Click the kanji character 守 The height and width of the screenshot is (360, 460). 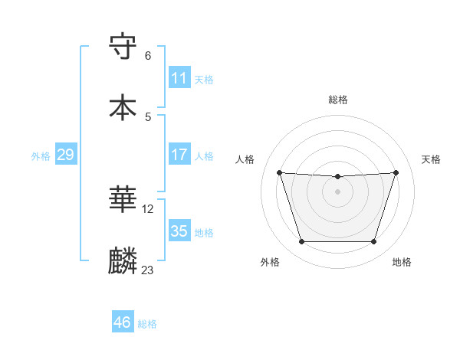pos(123,48)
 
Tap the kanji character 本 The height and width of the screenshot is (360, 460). pos(123,106)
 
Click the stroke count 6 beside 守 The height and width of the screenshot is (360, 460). pos(148,56)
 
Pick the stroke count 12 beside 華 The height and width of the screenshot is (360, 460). pos(148,208)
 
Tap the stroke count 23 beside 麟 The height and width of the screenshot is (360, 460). pos(148,270)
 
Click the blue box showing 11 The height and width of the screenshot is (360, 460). pos(179,78)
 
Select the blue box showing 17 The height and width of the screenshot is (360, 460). pos(179,155)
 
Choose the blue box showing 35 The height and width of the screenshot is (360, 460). pos(179,231)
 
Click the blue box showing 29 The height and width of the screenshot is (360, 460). pos(65,155)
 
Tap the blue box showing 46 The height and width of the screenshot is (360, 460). pos(122,322)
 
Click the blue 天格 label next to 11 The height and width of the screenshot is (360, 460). pos(204,79)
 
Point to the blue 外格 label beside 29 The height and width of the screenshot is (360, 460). pos(41,155)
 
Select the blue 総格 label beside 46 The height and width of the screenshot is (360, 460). pos(147,323)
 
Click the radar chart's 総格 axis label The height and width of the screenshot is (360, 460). pos(338,100)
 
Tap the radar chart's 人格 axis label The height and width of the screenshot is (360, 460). pos(246,159)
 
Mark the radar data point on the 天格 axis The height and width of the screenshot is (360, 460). pos(396,172)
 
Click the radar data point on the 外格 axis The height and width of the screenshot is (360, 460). pos(301,242)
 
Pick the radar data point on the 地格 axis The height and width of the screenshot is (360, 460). pos(374,242)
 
